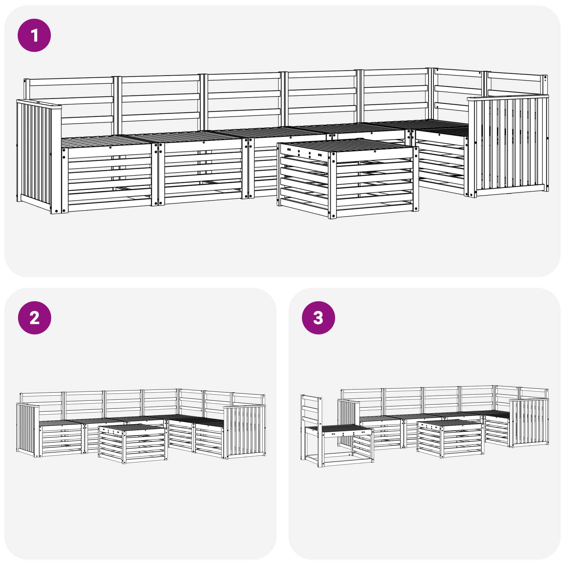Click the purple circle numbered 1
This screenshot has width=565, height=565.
coord(34,35)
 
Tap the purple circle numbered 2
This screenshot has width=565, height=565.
coord(34,318)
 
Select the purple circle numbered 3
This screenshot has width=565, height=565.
coord(318,318)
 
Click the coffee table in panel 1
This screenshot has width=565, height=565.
coord(348,178)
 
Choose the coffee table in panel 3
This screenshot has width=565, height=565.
coord(450,439)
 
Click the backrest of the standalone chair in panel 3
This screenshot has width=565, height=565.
coord(311,411)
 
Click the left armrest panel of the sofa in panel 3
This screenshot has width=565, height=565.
coord(349,420)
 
